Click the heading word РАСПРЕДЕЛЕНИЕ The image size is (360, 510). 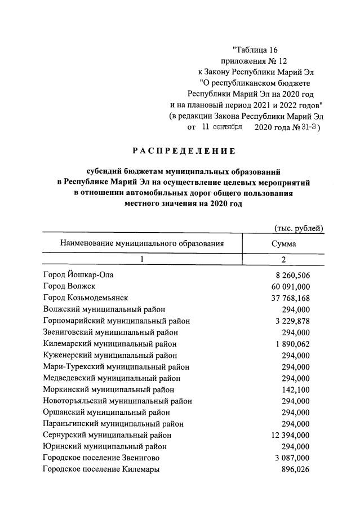pyautogui.click(x=184, y=151)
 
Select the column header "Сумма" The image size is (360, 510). pyautogui.click(x=283, y=244)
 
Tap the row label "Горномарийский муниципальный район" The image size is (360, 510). pyautogui.click(x=116, y=321)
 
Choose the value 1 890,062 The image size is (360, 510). pyautogui.click(x=290, y=344)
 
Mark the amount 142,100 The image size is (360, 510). pyautogui.click(x=296, y=389)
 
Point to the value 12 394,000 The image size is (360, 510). pyautogui.click(x=288, y=435)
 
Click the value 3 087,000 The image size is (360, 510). pyautogui.click(x=290, y=458)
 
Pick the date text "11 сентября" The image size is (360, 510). pyautogui.click(x=220, y=127)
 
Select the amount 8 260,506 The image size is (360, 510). pyautogui.click(x=290, y=276)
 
